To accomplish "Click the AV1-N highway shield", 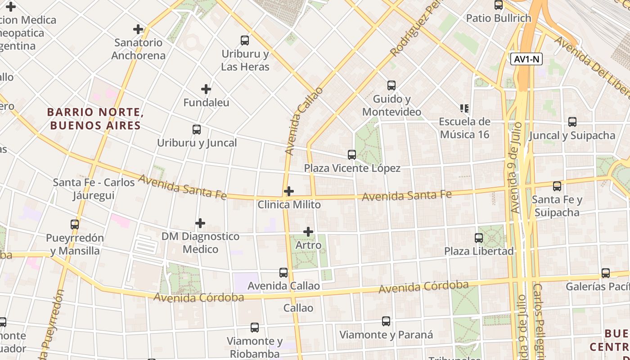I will [x=526, y=59].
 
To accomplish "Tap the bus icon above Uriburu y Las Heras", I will [x=245, y=40].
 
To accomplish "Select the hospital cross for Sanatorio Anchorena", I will [x=138, y=29].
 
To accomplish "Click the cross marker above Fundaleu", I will [x=206, y=89].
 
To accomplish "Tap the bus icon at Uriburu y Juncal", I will [x=197, y=130].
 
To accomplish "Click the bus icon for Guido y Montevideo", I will [x=391, y=85].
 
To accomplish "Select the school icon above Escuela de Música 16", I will [x=464, y=108].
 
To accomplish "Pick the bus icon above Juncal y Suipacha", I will [x=572, y=122].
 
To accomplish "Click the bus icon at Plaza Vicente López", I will [x=352, y=155].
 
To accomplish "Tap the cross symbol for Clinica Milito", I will [x=289, y=191].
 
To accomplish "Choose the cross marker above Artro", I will [x=308, y=232].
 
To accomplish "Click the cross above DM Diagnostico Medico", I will [x=200, y=223].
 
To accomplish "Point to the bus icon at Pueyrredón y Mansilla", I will [x=75, y=224].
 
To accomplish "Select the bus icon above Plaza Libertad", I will [x=479, y=238].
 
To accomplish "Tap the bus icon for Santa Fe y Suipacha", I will [x=557, y=186].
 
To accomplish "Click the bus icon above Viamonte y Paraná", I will [x=386, y=321].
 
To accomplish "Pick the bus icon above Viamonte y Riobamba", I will [x=255, y=328].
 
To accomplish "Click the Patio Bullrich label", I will [x=499, y=18].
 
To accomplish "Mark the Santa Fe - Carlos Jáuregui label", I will [x=94, y=189].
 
